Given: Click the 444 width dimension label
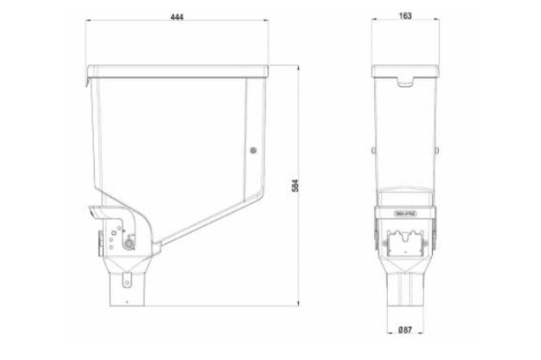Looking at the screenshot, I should (176, 17).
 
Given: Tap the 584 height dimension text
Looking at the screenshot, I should (295, 187).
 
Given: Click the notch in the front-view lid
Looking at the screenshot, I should (405, 81).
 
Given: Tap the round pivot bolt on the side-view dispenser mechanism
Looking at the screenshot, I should (129, 244).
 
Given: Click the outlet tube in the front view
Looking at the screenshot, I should (405, 286).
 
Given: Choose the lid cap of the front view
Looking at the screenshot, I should (405, 72).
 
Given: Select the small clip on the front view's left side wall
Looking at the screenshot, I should (372, 150).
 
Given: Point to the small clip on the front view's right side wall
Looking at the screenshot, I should (437, 150).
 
